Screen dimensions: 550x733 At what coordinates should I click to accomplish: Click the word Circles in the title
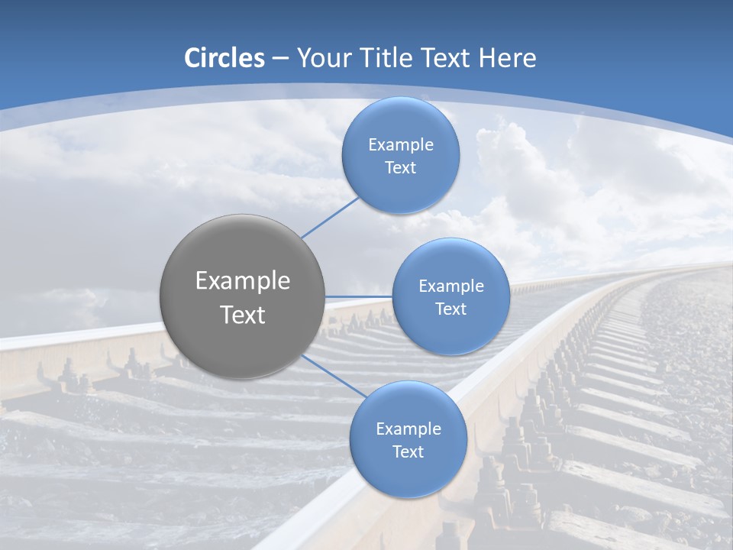click(x=224, y=58)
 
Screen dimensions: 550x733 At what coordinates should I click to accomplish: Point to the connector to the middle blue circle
click(x=358, y=296)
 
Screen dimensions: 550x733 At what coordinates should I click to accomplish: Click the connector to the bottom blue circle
click(x=334, y=376)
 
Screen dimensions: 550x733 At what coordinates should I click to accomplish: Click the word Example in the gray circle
click(x=242, y=281)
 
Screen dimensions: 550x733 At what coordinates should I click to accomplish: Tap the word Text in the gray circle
click(x=242, y=315)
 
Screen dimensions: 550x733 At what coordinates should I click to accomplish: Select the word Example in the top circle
click(x=400, y=145)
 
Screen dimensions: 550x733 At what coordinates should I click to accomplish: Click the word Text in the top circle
click(x=400, y=168)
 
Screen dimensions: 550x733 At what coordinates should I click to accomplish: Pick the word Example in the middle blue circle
click(x=450, y=286)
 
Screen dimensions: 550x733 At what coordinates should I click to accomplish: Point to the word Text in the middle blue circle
click(x=450, y=309)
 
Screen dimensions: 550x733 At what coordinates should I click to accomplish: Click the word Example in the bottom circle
click(x=408, y=429)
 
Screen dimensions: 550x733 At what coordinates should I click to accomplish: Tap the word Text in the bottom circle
click(x=408, y=452)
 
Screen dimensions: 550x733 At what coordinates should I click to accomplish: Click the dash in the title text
click(x=280, y=59)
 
